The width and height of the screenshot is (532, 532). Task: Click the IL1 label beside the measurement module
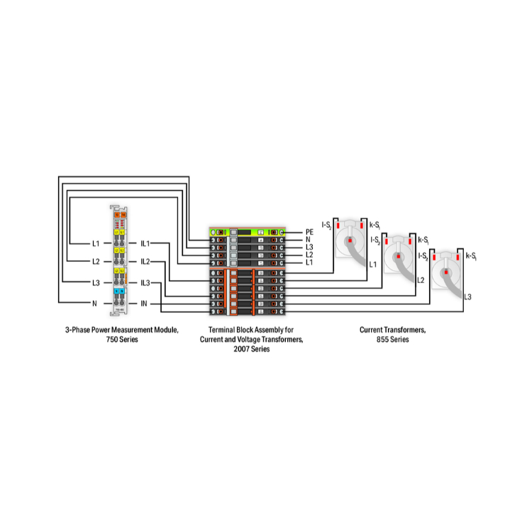(x=145, y=243)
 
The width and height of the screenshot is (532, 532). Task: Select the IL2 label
(x=145, y=262)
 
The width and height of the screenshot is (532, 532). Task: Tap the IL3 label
(x=145, y=283)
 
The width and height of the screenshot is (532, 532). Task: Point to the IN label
(x=144, y=304)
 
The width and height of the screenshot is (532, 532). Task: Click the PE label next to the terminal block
(x=309, y=232)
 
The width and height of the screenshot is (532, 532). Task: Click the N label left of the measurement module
(x=94, y=304)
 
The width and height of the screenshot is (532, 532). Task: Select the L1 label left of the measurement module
(x=96, y=243)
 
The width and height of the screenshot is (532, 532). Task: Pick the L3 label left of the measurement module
(x=96, y=283)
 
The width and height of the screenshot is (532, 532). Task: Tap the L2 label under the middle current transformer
(x=421, y=280)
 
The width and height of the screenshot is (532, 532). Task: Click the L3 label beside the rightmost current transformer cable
(x=467, y=297)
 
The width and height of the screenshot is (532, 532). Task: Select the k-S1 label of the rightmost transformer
(x=470, y=255)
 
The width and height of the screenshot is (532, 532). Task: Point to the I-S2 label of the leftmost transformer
(x=327, y=225)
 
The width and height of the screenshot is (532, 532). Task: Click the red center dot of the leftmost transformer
(x=350, y=240)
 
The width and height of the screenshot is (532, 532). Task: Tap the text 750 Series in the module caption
(x=121, y=340)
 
